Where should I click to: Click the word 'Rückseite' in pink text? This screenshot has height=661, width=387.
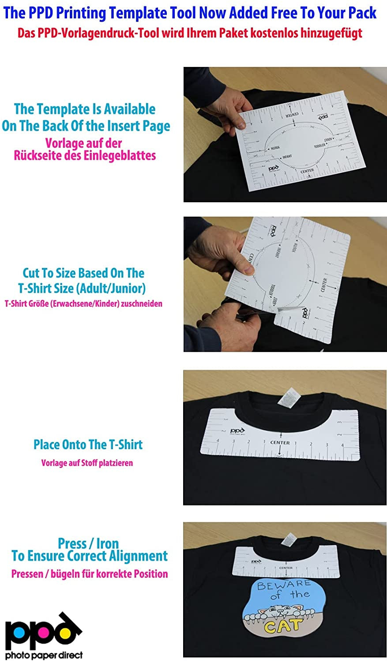click(38, 156)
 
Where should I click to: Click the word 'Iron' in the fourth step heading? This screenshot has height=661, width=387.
click(107, 543)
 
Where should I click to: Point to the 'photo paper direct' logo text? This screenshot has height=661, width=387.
click(44, 655)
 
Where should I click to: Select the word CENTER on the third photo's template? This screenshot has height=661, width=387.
click(280, 442)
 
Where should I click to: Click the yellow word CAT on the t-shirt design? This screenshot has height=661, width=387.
click(283, 625)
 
